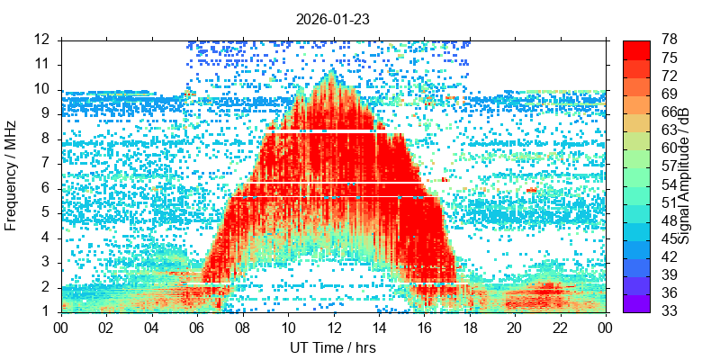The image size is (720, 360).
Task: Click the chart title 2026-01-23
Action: [x=333, y=18]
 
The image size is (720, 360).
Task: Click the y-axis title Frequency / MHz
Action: [x=12, y=176]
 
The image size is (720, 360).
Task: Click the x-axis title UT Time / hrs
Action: [x=333, y=347]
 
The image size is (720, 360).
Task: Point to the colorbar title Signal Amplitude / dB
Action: [x=684, y=176]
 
